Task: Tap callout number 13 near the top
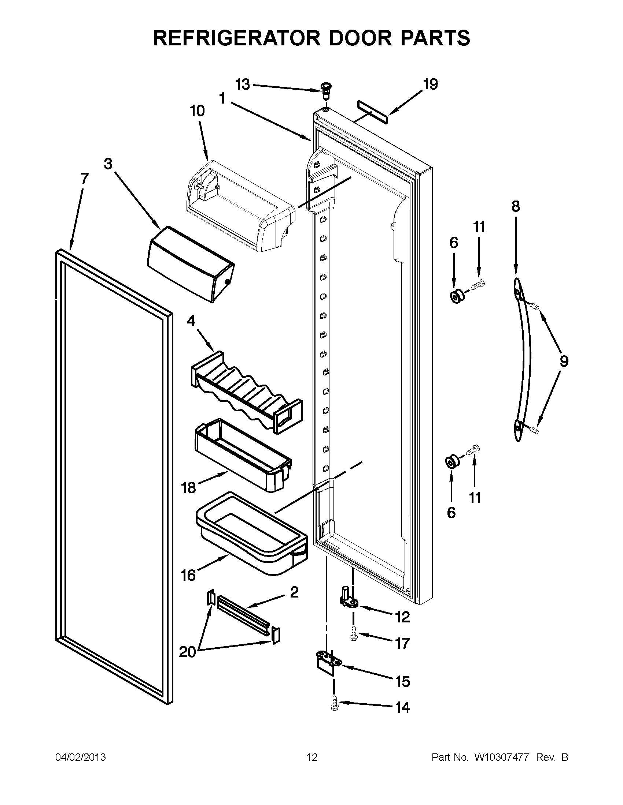[x=243, y=85]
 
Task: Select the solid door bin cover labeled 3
[x=191, y=264]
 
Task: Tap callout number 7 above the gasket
[x=85, y=179]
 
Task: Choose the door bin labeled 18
[x=242, y=454]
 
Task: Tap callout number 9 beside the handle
[x=563, y=361]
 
